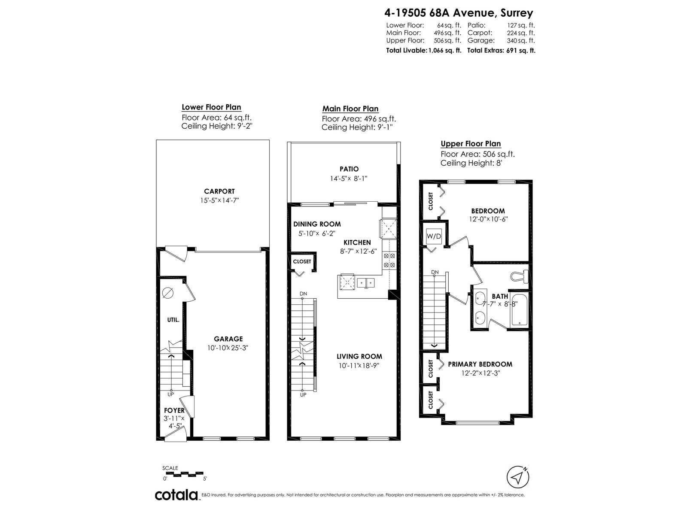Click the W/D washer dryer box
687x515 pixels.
(434, 236)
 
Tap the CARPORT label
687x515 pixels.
(219, 191)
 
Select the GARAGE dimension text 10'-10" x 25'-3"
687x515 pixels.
(228, 348)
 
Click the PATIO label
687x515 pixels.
(349, 169)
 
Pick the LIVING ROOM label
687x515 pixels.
(359, 356)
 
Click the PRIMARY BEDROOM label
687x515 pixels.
(480, 364)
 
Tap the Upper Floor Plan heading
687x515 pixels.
(471, 143)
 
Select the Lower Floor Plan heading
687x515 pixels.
(211, 107)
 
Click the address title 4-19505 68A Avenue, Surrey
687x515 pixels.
(459, 13)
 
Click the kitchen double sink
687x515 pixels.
(365, 283)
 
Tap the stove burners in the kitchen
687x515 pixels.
(389, 260)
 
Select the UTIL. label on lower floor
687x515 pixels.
(173, 320)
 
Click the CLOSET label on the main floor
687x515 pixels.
(302, 261)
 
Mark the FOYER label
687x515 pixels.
(174, 410)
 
